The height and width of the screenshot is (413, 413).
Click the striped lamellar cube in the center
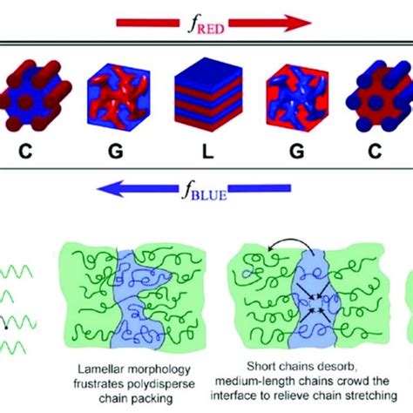pyautogui.click(x=205, y=112)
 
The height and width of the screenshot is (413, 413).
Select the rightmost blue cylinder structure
pyautogui.click(x=383, y=112)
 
